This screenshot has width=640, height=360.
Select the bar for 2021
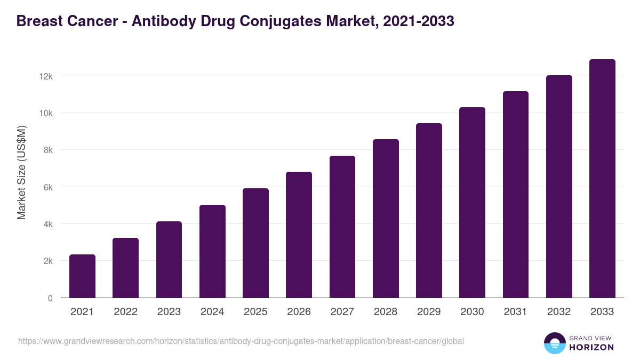[x=82, y=276]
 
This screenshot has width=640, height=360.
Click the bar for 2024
[x=212, y=251]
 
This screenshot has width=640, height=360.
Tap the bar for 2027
[x=342, y=227]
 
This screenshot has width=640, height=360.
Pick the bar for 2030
[x=472, y=203]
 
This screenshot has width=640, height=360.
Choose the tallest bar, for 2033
[x=602, y=179]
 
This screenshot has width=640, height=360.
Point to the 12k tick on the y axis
[x=46, y=76]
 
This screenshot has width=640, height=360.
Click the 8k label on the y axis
[x=47, y=150]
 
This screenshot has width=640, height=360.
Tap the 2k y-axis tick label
[x=47, y=261]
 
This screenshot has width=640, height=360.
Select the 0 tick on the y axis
[x=50, y=298]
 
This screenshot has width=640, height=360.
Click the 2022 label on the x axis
[x=125, y=312]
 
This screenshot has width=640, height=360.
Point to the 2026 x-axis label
[x=299, y=312]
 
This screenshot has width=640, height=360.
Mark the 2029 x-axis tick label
[x=429, y=312]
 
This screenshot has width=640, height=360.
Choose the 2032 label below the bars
[x=559, y=312]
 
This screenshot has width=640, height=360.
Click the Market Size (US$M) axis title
[x=21, y=172]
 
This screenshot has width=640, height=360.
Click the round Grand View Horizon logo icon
[x=554, y=343]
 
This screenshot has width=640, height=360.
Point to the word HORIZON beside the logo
[x=591, y=347]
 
